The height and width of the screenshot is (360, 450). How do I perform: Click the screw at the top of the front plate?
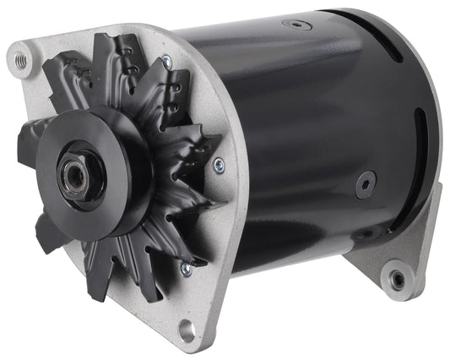[x=165, y=62]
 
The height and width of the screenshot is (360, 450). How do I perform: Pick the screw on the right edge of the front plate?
[x=219, y=166]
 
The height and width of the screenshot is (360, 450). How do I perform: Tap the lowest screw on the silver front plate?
[x=186, y=269]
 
